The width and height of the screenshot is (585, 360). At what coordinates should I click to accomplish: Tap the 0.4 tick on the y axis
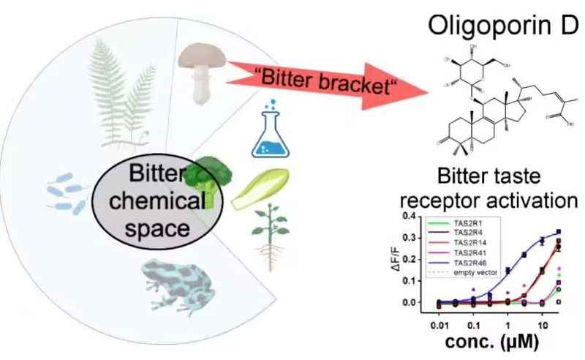(x=413, y=217)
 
